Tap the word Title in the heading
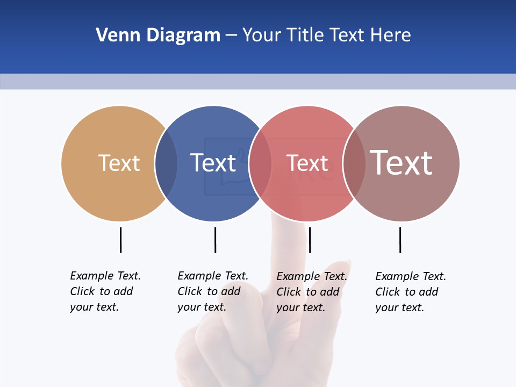pos(305,35)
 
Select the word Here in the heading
pos(391,35)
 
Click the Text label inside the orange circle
pos(119,163)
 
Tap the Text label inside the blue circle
pos(213,163)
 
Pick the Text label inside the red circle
pos(307,163)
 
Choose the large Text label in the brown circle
pos(401,163)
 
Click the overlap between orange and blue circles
pos(166,163)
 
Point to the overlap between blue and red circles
pos(260,163)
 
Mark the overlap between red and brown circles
pos(354,163)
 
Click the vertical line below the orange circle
pos(120,240)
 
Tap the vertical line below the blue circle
pos(215,240)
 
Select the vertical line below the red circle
pos(310,240)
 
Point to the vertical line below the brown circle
pos(400,240)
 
